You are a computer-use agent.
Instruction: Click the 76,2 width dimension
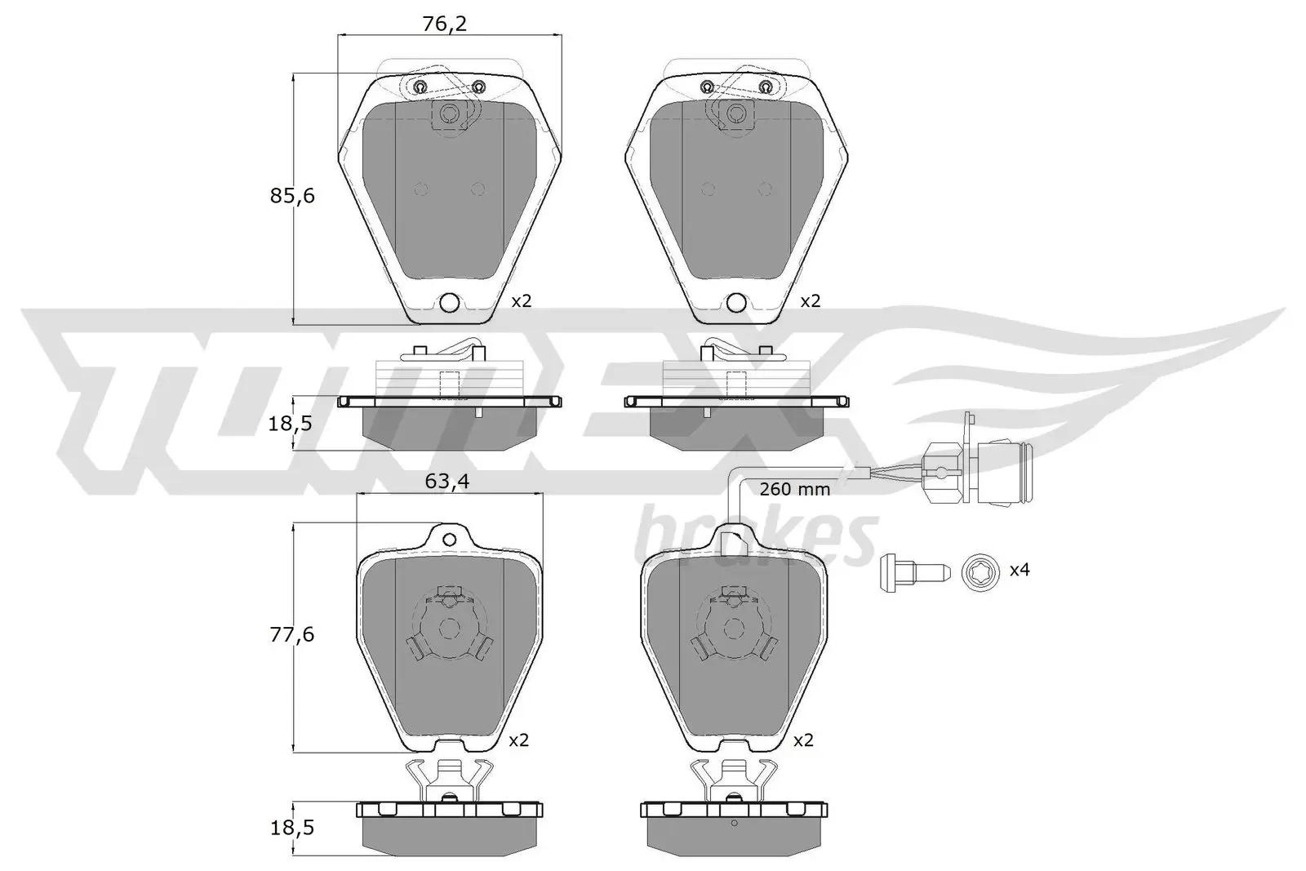coord(445,24)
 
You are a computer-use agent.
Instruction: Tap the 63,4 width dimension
coord(446,482)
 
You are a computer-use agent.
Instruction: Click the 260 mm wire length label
coord(794,490)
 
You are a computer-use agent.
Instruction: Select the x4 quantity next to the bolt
coord(1019,569)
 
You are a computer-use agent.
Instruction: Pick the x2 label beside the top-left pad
coord(521,301)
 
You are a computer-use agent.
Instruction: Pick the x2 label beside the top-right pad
coord(809,301)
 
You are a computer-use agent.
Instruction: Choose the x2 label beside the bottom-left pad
coord(518,740)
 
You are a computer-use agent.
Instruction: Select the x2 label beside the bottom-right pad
coord(804,740)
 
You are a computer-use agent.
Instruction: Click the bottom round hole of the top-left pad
coord(450,303)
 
